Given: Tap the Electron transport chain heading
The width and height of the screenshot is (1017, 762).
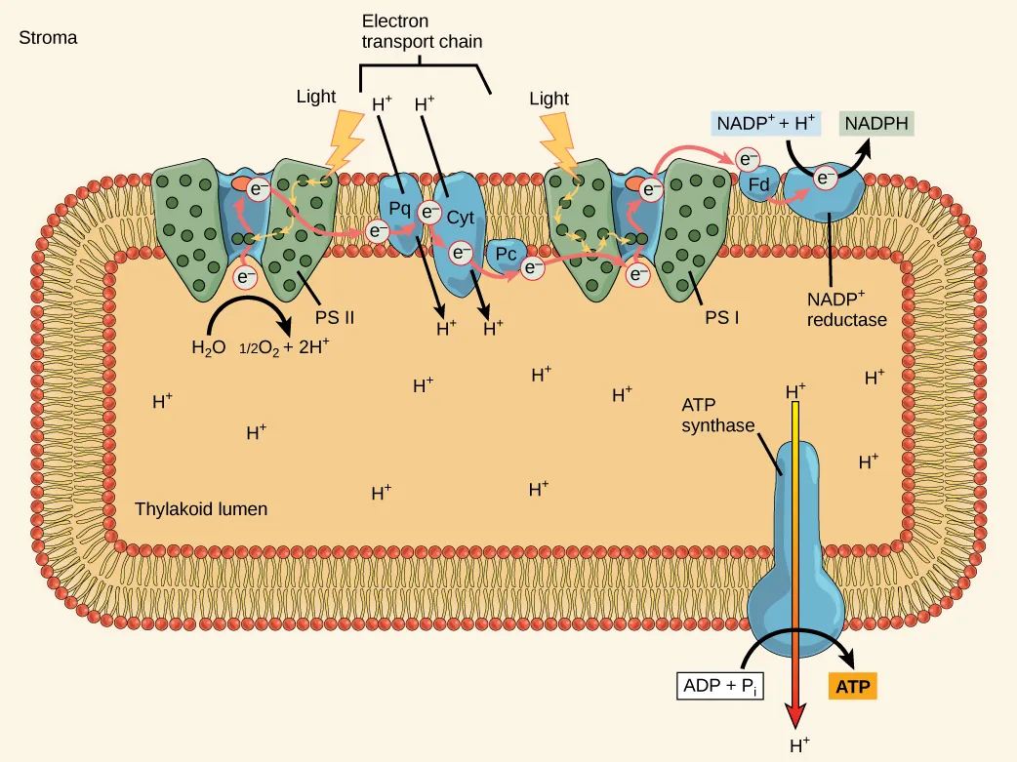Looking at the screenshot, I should [x=422, y=31].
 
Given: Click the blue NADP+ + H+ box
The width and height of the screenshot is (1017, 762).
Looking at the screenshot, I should [x=766, y=124].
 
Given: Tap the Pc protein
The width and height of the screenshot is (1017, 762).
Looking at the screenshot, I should [x=505, y=255].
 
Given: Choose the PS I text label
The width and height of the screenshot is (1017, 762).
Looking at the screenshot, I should [x=721, y=317].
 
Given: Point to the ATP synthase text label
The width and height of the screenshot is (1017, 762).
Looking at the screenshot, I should [x=718, y=414].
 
